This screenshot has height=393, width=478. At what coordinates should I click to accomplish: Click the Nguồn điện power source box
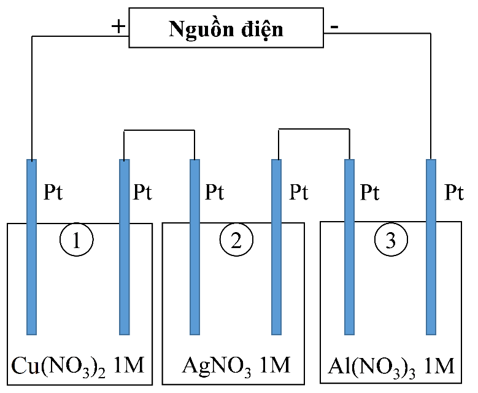[x=226, y=28]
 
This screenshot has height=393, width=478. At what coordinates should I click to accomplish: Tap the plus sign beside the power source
[x=118, y=26]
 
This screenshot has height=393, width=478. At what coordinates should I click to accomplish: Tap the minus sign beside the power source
[x=334, y=27]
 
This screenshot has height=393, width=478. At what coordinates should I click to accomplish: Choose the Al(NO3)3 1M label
[x=391, y=367]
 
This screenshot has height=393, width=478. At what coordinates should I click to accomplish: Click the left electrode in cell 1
[x=31, y=246]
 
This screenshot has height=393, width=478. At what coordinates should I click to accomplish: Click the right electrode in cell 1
[x=124, y=246]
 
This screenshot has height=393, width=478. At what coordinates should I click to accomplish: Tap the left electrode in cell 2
[x=195, y=246]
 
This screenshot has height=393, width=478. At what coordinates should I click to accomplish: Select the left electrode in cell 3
[x=349, y=246]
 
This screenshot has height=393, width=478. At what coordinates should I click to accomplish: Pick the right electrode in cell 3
[x=431, y=246]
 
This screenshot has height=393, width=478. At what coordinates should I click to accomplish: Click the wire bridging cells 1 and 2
[x=160, y=130]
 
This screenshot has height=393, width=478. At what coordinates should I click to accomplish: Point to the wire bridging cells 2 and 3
[x=313, y=129]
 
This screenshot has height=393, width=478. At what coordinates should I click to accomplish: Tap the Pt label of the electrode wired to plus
[x=53, y=192]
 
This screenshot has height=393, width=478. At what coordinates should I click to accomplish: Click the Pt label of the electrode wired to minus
[x=453, y=193]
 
